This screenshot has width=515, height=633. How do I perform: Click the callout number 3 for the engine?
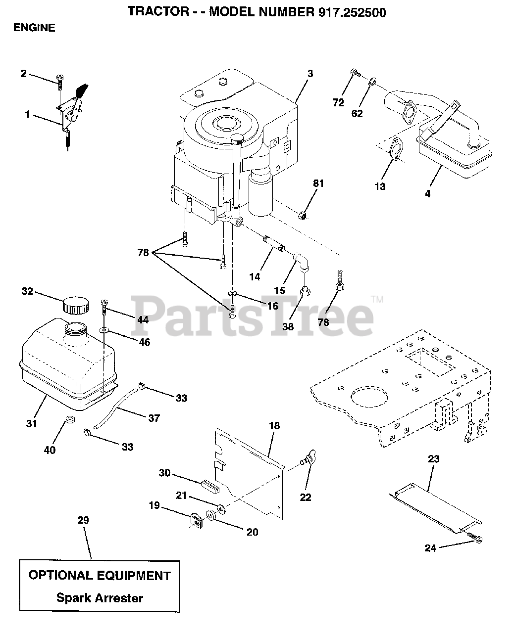[x=309, y=74]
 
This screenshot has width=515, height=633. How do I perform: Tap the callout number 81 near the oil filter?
[x=318, y=183]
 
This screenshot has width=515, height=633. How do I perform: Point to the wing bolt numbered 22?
[x=309, y=463]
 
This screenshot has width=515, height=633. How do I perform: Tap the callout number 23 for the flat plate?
[x=433, y=459]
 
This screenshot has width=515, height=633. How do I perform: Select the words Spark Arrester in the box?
[x=100, y=598]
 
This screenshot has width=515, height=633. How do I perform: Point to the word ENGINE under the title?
[x=34, y=28]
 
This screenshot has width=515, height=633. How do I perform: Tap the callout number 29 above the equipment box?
[x=83, y=520]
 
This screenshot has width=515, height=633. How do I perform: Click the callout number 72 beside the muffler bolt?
[x=338, y=103]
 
